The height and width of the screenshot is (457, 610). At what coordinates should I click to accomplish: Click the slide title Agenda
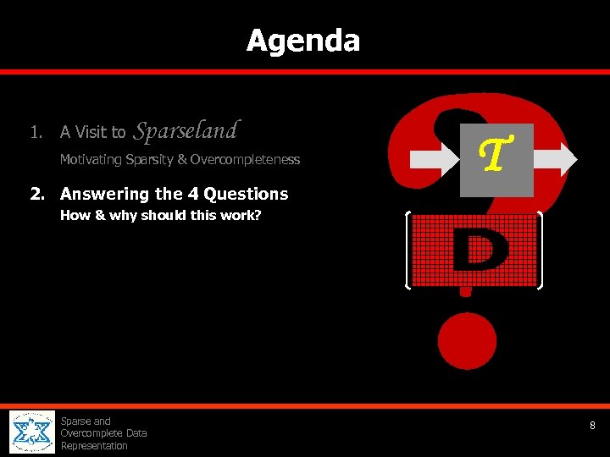(x=303, y=41)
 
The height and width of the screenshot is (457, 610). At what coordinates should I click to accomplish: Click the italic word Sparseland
(x=186, y=130)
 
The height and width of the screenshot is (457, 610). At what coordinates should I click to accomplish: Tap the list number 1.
(x=35, y=132)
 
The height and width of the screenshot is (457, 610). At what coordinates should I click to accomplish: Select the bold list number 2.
(x=36, y=194)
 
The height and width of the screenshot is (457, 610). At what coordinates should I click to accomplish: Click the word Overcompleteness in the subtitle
(x=245, y=160)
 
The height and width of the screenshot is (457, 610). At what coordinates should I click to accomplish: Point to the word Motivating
(x=91, y=160)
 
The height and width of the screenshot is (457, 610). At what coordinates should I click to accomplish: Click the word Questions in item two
(x=246, y=194)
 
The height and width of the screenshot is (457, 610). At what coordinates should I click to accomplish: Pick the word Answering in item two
(x=105, y=194)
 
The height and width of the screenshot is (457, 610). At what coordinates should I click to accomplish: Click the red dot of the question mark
(x=467, y=341)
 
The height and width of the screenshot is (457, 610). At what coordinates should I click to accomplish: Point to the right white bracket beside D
(x=540, y=251)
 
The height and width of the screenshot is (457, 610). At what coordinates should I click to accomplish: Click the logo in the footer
(x=31, y=432)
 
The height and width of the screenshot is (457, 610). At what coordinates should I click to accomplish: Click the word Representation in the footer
(x=93, y=446)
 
